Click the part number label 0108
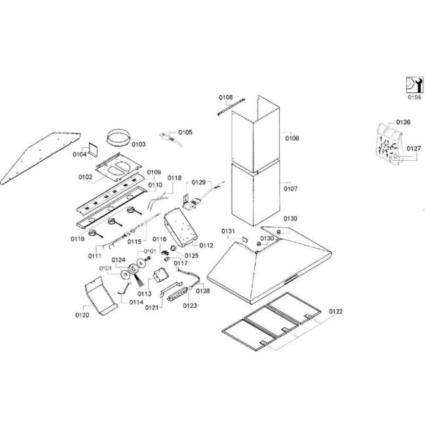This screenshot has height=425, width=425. coord(225,98)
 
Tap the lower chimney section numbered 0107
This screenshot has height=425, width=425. coord(255,193)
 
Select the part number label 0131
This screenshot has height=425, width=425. coord(228,231)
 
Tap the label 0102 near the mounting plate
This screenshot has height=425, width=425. coord(86,177)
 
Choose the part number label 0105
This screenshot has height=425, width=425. coord(185,133)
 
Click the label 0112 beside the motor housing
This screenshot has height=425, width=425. coord(207,245)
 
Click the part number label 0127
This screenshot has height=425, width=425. coord(413,148)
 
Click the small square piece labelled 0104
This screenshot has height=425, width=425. coord(92,150)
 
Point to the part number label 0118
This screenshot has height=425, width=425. coord(174,178)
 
